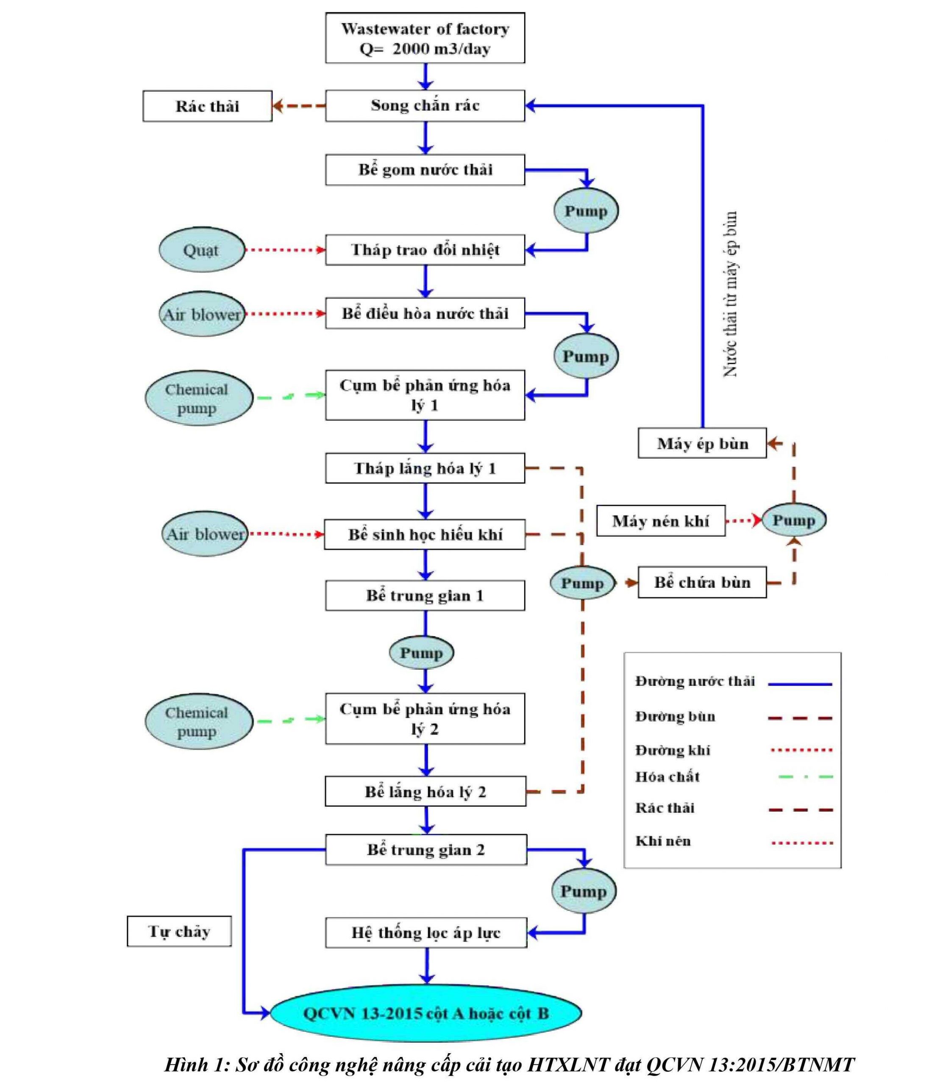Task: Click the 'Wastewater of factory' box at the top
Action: (425, 38)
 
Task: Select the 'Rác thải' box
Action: (207, 106)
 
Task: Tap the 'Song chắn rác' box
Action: (425, 106)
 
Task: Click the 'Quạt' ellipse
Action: (201, 250)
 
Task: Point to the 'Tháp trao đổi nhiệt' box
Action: (425, 250)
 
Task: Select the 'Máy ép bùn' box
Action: (702, 443)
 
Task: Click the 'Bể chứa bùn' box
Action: (702, 582)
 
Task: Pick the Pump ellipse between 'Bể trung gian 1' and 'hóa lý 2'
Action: (421, 653)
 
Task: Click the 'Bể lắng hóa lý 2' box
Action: (426, 792)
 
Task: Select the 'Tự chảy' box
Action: (179, 931)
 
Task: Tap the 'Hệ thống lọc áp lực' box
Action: (426, 932)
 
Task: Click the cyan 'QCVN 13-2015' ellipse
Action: (426, 1013)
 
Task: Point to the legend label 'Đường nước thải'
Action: (695, 681)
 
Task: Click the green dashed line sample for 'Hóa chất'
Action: (806, 776)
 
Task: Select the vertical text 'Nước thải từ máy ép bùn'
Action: (731, 294)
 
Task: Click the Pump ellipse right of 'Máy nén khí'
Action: (794, 520)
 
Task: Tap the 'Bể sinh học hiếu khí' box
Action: (425, 534)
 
